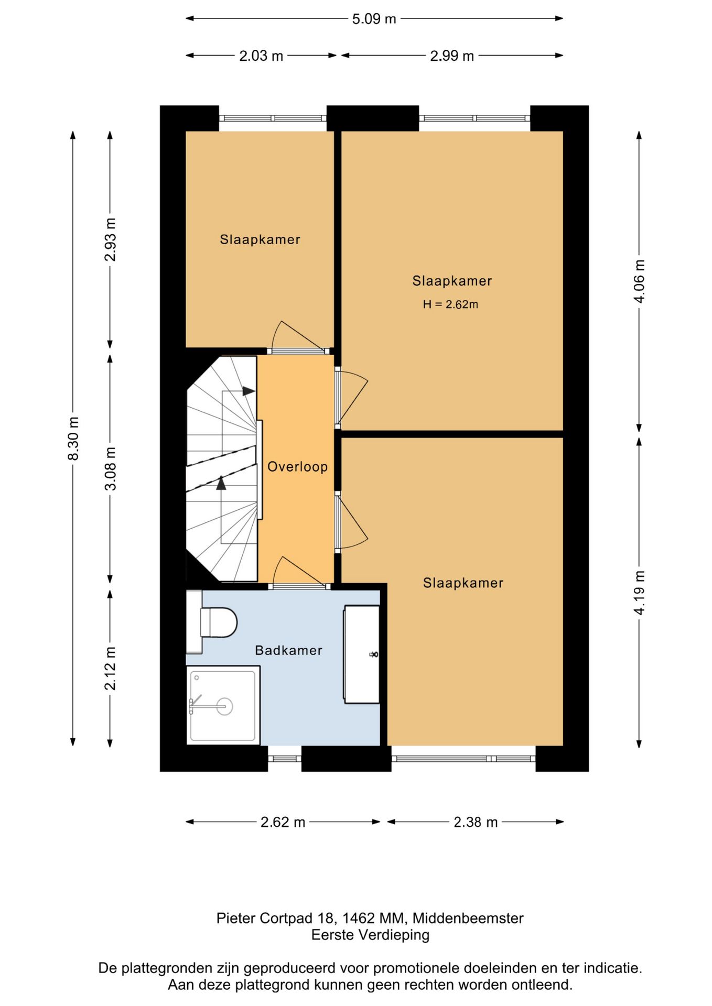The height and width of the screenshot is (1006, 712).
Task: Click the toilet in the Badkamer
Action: point(212,622)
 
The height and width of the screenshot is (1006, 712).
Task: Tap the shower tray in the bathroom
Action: point(223,705)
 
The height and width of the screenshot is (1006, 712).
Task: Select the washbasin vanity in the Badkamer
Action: point(361,654)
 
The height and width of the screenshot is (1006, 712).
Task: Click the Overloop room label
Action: point(297,466)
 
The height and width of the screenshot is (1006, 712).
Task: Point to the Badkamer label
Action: point(288,650)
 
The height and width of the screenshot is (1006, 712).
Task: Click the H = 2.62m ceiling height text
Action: point(450,304)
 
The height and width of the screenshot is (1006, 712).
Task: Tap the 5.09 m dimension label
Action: point(374,19)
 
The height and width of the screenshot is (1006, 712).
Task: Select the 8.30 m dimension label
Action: point(73,439)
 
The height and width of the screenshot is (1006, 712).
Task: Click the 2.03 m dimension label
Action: point(261,56)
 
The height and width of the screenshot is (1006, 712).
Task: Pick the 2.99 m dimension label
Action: point(452,56)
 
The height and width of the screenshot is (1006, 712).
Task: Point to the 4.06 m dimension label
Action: point(639,281)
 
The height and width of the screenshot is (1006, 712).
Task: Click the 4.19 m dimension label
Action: point(639,593)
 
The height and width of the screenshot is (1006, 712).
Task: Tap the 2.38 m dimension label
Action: point(476,822)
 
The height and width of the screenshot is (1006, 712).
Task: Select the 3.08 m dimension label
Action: point(111,468)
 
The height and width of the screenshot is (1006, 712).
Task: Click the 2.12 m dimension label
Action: point(111,668)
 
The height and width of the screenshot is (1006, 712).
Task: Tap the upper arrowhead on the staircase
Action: point(249,391)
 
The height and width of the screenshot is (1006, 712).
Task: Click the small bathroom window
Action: point(285,758)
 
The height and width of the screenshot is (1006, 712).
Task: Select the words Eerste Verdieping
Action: point(370,935)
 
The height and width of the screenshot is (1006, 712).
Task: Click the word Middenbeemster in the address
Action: point(468,918)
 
